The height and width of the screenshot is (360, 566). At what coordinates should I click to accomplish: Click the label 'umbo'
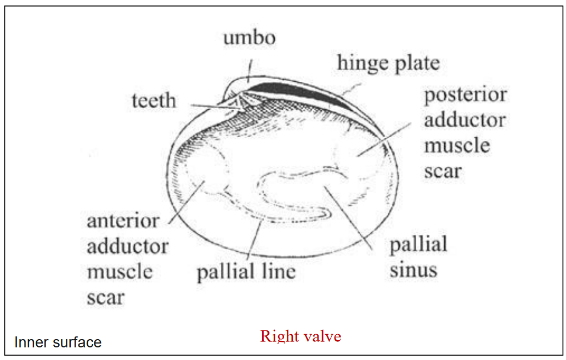click(x=249, y=39)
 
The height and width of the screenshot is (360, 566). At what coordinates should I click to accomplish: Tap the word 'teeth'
click(x=154, y=101)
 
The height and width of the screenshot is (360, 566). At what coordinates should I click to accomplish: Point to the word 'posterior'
click(x=465, y=95)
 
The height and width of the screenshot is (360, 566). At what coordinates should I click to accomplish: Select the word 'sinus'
click(x=413, y=270)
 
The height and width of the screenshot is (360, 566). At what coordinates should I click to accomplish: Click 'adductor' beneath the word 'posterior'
click(x=465, y=121)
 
